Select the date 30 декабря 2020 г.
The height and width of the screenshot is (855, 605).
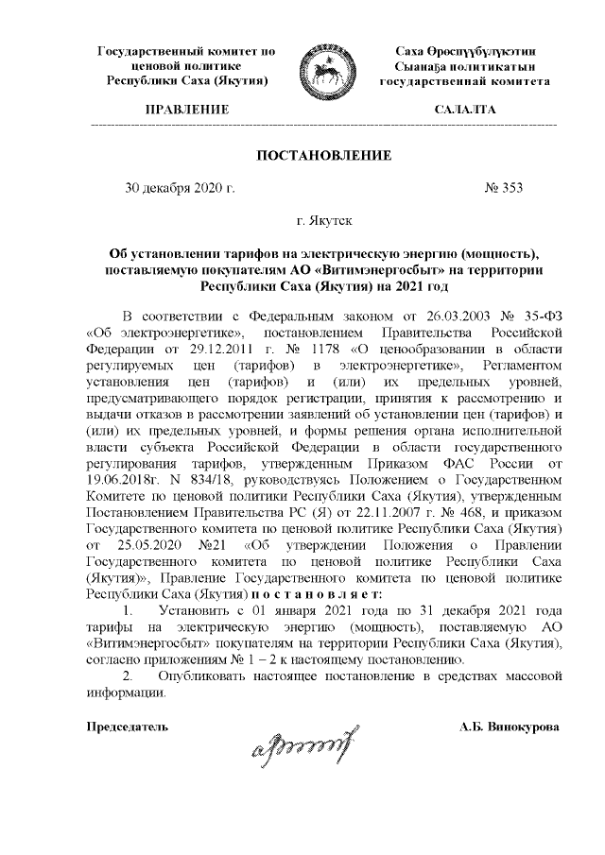click(180, 187)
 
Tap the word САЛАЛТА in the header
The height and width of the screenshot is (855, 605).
click(464, 111)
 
